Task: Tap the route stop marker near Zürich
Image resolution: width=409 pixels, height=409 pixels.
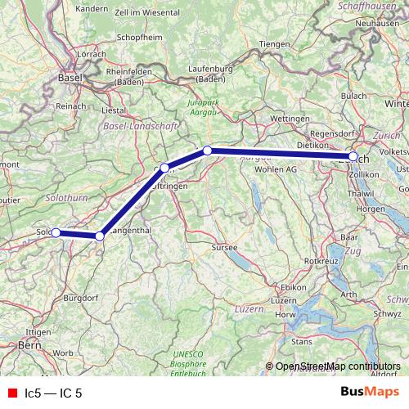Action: [x=353, y=156]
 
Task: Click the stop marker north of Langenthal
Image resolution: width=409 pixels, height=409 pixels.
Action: [x=100, y=236]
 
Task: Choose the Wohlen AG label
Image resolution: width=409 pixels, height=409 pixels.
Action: [x=274, y=169]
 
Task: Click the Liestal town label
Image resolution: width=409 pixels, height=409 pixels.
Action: [x=113, y=108]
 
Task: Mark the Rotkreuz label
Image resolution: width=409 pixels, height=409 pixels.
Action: [x=321, y=260]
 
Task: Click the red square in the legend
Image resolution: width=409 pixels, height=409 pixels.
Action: [x=12, y=393]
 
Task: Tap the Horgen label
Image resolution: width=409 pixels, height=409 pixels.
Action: [x=371, y=209]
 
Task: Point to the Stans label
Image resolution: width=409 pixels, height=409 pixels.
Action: [x=302, y=339]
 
